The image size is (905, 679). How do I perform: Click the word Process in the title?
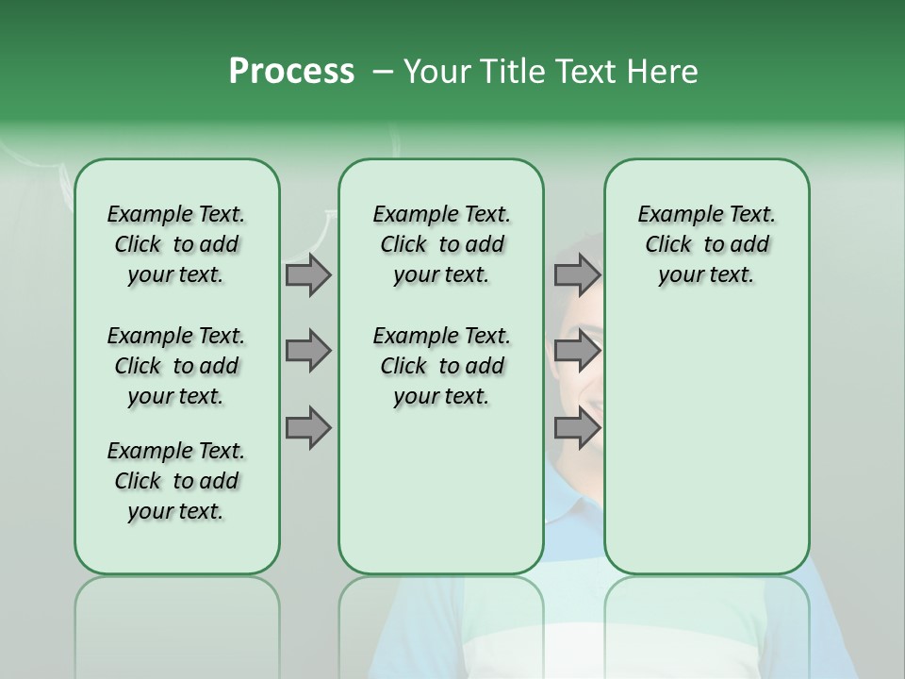(291, 72)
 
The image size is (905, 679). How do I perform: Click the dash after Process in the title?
(383, 73)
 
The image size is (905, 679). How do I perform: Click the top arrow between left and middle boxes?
(307, 274)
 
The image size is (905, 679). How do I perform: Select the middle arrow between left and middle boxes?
(307, 351)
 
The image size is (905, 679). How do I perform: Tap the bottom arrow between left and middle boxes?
(307, 428)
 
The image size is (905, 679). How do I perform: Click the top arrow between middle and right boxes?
(577, 274)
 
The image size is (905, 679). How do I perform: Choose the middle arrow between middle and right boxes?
(577, 351)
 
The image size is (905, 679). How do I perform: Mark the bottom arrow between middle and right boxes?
(577, 428)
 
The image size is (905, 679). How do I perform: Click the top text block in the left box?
(176, 244)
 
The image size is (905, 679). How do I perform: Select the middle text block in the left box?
(176, 366)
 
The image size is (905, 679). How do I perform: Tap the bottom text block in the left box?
(176, 481)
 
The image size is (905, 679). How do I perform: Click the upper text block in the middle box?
(441, 244)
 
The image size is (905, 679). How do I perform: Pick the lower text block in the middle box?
(441, 366)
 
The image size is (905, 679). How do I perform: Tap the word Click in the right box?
(668, 245)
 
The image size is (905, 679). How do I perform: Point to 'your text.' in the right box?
(706, 275)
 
